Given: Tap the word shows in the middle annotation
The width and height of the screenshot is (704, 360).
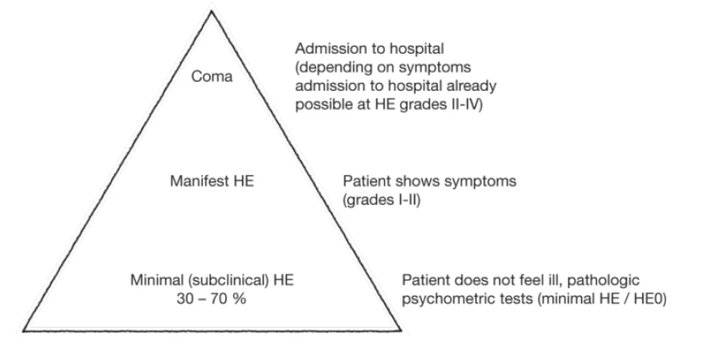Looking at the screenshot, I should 418,181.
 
